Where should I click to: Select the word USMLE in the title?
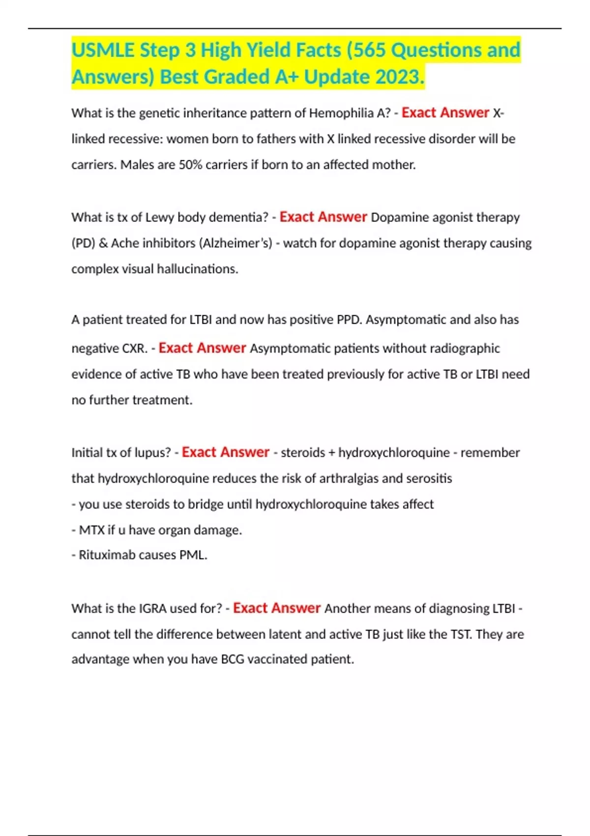(103, 50)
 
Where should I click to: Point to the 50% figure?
(190, 165)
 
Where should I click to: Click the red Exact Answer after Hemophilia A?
(445, 113)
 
